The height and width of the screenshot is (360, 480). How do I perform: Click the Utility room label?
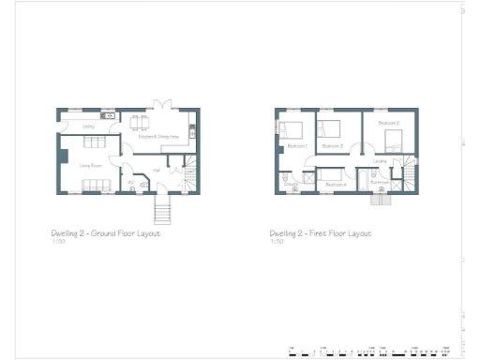[87, 127]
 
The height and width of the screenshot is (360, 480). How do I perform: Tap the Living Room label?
[90, 166]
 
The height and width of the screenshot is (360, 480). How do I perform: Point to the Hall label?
[156, 170]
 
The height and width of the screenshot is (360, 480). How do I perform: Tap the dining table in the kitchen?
[141, 124]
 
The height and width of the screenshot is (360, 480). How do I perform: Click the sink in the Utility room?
[109, 116]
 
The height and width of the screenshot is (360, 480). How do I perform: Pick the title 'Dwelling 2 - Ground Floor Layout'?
[105, 232]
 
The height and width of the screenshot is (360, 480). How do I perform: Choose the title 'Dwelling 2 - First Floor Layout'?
[320, 232]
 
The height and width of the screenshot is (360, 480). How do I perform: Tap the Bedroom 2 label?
[389, 123]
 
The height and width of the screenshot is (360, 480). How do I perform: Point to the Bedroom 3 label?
[333, 146]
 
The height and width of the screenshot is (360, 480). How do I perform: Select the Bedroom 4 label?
[336, 185]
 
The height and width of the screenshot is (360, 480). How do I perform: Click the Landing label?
[380, 160]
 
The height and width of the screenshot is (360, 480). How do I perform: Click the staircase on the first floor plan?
[412, 173]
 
